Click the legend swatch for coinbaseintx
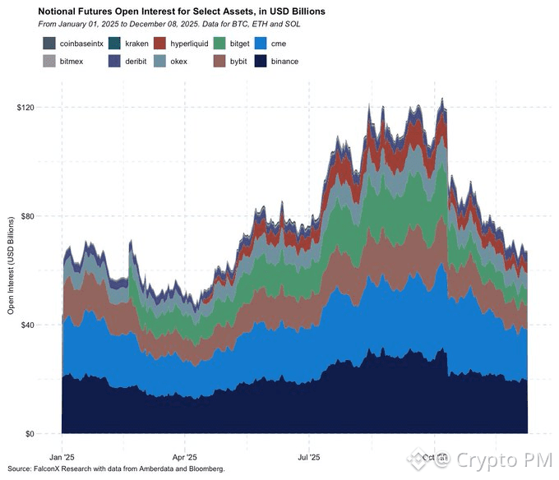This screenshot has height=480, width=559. pyautogui.click(x=49, y=43)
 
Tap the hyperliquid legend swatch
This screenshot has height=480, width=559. pyautogui.click(x=161, y=43)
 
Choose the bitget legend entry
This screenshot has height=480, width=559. pyautogui.click(x=220, y=43)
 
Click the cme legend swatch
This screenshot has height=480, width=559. pyautogui.click(x=261, y=43)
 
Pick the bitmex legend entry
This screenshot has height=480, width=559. pyautogui.click(x=49, y=61)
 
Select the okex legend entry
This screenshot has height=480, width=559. pyautogui.click(x=161, y=61)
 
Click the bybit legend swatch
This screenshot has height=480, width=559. pyautogui.click(x=220, y=61)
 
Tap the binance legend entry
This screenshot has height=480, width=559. pyautogui.click(x=261, y=61)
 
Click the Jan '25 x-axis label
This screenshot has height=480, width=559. pyautogui.click(x=62, y=456)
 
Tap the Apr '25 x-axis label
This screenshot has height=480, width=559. pyautogui.click(x=185, y=456)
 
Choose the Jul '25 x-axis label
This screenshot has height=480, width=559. pyautogui.click(x=308, y=456)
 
